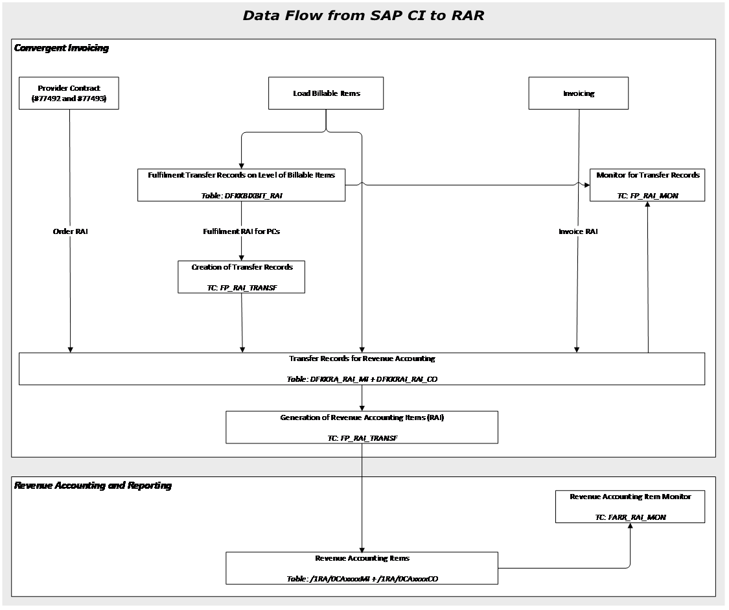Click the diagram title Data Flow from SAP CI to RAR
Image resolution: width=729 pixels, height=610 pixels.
tap(364, 15)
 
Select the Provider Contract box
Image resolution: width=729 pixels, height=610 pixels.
tap(69, 93)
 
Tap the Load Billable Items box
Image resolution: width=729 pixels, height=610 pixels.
tap(326, 93)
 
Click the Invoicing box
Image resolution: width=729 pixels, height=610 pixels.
tap(579, 93)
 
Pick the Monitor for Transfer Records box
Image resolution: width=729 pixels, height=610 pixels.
tap(647, 185)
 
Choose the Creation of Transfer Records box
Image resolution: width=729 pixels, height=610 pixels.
tap(242, 277)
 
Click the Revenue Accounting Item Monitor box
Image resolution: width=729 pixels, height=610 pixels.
tap(630, 506)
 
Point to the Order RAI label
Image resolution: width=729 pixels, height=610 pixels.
tap(70, 231)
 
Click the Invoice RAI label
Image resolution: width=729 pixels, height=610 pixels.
tap(578, 231)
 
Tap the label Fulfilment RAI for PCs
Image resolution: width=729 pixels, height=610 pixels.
tap(242, 231)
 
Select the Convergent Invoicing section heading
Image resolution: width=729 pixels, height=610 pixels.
tap(62, 48)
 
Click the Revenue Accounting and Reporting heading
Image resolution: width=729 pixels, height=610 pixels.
tap(93, 486)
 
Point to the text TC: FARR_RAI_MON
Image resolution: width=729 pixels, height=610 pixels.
tap(630, 517)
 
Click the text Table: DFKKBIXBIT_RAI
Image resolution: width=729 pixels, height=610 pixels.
tap(242, 195)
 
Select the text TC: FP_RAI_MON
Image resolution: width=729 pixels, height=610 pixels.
tap(647, 195)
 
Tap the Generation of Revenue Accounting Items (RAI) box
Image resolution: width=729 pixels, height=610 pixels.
tap(362, 427)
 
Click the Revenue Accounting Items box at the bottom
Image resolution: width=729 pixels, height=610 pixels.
tap(362, 568)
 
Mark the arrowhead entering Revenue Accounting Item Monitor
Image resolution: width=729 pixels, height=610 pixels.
tap(630, 526)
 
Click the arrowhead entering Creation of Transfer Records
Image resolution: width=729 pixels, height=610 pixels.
tap(242, 257)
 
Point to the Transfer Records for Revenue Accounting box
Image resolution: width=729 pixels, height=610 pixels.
tap(362, 368)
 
